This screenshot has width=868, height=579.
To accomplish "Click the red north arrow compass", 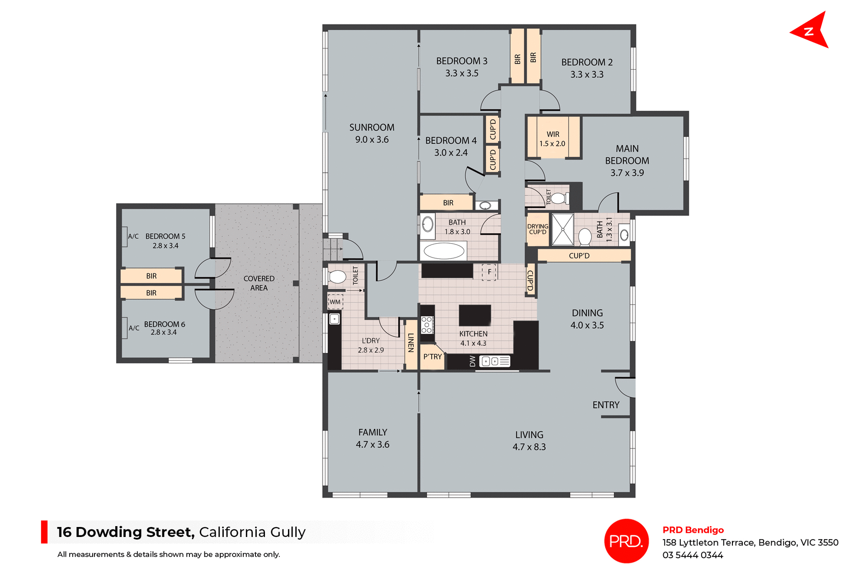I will pos(811,31).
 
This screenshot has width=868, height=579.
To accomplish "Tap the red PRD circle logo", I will pos(626,541).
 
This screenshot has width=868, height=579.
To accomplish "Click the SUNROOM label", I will pos(372,127).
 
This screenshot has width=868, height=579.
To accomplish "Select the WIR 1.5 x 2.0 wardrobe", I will pos(552,138).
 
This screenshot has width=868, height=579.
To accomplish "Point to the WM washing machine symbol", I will pos(335,302).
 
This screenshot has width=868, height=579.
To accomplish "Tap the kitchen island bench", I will pos(475,315).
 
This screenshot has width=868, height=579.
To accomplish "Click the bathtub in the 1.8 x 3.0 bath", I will pos(444,251).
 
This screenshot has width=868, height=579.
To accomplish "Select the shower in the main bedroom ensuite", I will pos(562,230).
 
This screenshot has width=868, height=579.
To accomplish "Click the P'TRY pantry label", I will pos(433,357).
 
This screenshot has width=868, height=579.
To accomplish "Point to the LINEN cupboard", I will pos(411,344).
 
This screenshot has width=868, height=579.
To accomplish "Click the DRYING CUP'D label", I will pos(538,229).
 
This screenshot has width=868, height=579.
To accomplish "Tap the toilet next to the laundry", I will pos(337,277).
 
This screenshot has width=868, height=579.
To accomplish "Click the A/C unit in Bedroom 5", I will pos(125,237).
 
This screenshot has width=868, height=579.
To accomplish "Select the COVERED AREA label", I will pos(259,283).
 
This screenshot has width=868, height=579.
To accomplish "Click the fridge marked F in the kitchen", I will pos(489,272).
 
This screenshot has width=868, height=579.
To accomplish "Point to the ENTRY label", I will pos(606,405).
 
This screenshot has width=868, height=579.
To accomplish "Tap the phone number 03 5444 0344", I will pos(693,555).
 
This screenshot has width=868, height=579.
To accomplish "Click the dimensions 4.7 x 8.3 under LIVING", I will pos(529,447).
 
